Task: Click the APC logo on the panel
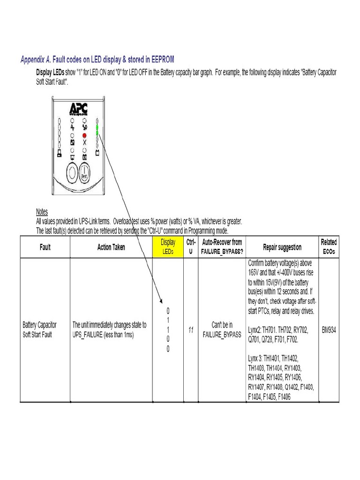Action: click(x=77, y=109)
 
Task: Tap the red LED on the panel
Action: click(x=84, y=134)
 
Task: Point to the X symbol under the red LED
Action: click(x=84, y=142)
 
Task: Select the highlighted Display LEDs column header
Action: click(x=168, y=246)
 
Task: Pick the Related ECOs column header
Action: click(x=328, y=246)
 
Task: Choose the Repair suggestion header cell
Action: click(x=282, y=247)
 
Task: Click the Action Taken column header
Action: click(x=111, y=247)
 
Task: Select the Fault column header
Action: click(x=45, y=247)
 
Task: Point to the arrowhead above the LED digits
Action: click(x=161, y=302)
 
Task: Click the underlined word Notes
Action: click(x=42, y=212)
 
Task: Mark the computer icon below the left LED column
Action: click(x=59, y=153)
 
